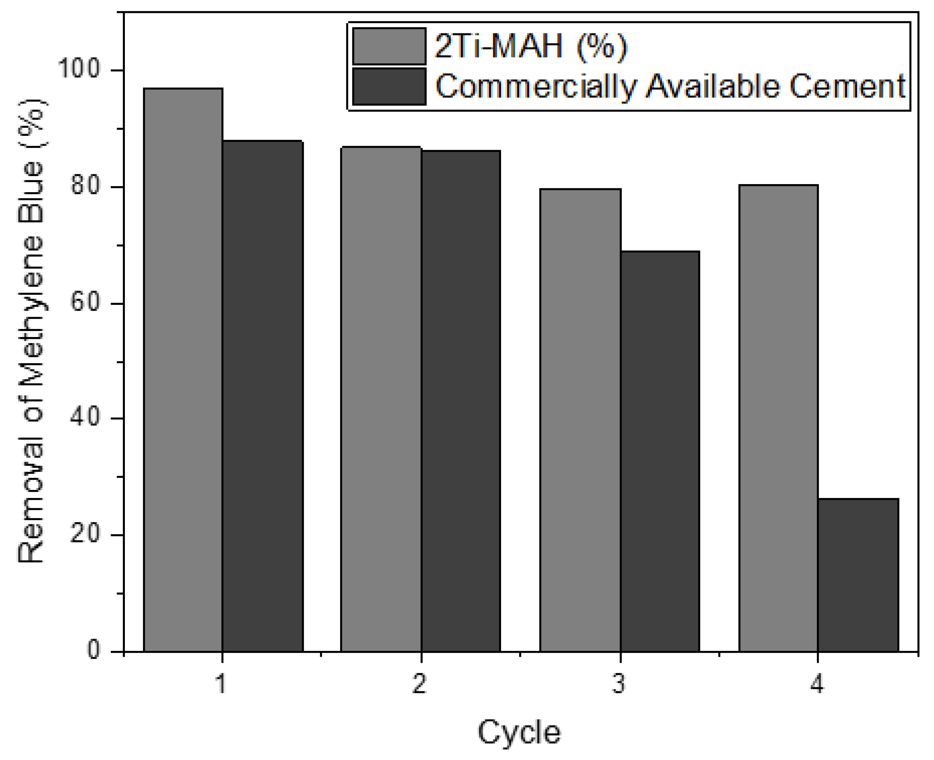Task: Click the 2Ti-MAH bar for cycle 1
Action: [x=183, y=370]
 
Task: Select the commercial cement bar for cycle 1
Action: [x=263, y=396]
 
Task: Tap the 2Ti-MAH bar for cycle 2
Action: [x=381, y=399]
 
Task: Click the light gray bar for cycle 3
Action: [x=580, y=420]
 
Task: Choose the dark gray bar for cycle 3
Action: [x=659, y=451]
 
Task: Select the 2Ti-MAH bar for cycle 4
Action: [x=778, y=418]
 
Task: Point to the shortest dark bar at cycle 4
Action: [x=858, y=575]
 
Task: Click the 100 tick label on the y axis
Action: [x=79, y=69]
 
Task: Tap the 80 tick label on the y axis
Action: [x=84, y=186]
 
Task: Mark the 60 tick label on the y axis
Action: [x=84, y=302]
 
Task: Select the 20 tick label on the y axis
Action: [x=84, y=534]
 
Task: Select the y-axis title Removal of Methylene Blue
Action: [x=32, y=331]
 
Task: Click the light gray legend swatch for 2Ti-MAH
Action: [x=389, y=46]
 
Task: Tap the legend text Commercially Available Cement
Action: [x=670, y=86]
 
